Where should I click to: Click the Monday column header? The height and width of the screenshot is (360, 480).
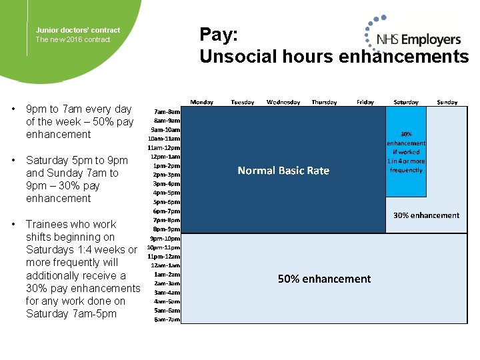202,102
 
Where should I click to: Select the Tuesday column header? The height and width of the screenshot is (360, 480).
242,102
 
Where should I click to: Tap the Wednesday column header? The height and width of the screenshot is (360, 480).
283,102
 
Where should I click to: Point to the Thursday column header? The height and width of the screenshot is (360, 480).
324,102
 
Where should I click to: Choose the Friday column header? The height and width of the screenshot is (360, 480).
365,102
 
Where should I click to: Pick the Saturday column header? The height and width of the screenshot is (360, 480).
406,102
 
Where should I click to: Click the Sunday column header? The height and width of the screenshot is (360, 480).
447,102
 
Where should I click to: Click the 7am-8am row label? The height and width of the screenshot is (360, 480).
166,111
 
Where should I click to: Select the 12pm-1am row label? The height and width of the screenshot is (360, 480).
165,156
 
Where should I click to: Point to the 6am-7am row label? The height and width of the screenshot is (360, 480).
167,319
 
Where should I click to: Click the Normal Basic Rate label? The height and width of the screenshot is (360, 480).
283,171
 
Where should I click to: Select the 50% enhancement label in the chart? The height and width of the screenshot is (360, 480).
324,279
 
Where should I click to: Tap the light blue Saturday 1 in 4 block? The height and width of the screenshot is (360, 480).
406,152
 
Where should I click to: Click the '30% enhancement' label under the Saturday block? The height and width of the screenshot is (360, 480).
426,215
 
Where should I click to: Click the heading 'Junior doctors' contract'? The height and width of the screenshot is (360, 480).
78,30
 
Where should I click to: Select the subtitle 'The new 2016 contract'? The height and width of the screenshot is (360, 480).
73,39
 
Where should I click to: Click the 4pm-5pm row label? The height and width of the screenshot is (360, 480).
167,193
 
